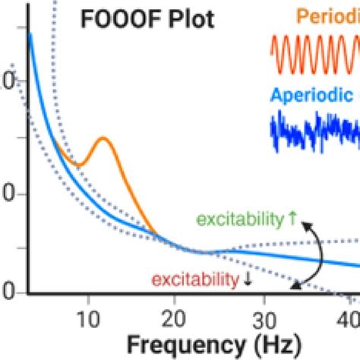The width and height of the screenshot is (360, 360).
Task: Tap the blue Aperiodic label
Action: (x=311, y=95)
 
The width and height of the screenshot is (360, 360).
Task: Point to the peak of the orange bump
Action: (x=102, y=138)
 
